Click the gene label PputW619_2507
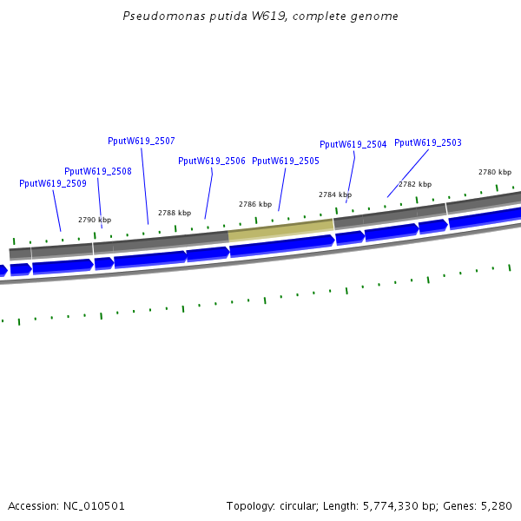click(142, 141)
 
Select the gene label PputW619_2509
click(53, 183)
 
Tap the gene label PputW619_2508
click(98, 171)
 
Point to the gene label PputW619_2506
click(212, 161)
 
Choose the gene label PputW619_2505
click(286, 161)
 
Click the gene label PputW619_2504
click(353, 145)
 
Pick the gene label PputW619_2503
click(428, 142)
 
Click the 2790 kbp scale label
click(95, 220)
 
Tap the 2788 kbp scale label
click(175, 213)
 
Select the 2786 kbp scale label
click(255, 204)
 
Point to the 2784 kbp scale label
click(335, 195)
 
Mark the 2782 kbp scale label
click(415, 184)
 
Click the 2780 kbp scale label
click(495, 172)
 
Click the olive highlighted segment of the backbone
click(280, 229)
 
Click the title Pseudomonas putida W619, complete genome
click(261, 16)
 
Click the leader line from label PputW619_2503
click(408, 173)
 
